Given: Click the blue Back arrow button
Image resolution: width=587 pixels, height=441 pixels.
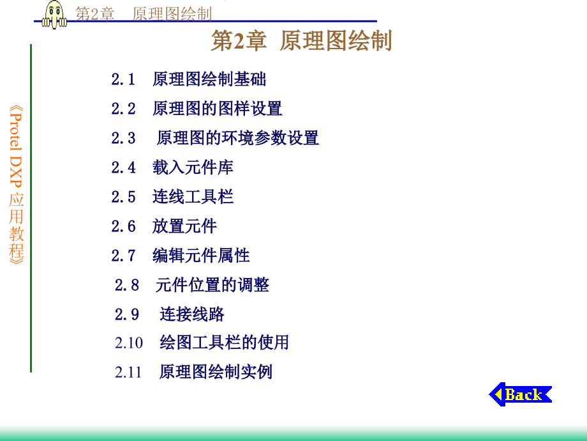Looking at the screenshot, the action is point(521,394).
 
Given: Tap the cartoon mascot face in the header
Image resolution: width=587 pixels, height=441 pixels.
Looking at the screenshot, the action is point(55,15).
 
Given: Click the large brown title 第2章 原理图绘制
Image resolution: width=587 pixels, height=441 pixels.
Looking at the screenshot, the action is point(301,40).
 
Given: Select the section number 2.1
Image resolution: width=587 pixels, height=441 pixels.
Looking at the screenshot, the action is point(123,79).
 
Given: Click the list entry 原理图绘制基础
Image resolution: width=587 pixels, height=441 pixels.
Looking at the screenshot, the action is point(209,79).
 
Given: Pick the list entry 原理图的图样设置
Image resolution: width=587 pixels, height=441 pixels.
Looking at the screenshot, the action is point(217,109).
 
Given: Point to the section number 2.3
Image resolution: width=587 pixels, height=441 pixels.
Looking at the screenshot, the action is point(123,138).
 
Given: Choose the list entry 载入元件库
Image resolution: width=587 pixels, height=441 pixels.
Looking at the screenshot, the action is point(193,167).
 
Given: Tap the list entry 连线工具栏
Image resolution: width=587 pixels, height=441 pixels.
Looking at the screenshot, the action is point(193,197).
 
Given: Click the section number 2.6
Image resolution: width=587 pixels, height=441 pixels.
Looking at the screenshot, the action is point(123,226).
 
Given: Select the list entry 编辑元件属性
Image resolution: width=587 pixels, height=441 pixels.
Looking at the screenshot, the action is point(201,256).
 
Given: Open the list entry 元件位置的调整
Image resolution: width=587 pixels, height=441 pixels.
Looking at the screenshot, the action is point(212,285).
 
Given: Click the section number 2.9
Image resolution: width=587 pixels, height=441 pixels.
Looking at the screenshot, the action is point(127,314).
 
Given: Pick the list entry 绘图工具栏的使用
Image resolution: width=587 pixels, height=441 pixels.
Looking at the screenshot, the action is point(224,343).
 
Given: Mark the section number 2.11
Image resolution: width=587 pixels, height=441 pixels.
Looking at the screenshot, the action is point(128,373).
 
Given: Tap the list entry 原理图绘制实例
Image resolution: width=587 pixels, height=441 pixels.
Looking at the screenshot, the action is point(216,372).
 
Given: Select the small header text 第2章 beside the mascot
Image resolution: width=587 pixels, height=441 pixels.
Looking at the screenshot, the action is point(94,14).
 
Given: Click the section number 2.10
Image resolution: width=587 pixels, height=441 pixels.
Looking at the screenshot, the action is point(129,343).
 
